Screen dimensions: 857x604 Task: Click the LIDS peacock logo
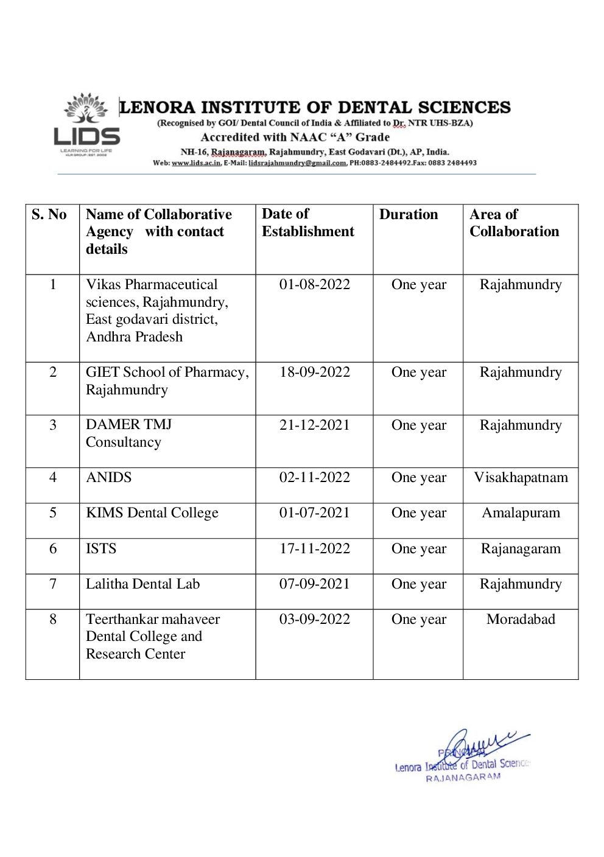pyautogui.click(x=86, y=125)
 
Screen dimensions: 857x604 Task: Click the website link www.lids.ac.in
pyautogui.click(x=196, y=163)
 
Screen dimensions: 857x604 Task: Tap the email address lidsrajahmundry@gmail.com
pyautogui.click(x=297, y=163)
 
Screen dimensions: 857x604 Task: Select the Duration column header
pyautogui.click(x=408, y=215)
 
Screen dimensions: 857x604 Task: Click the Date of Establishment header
pyautogui.click(x=307, y=223)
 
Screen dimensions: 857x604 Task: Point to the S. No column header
pyautogui.click(x=49, y=215)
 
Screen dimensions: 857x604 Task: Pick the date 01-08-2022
pyautogui.click(x=314, y=285)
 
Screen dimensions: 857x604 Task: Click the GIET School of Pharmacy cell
pyautogui.click(x=167, y=381)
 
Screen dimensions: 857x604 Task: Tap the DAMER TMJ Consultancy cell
pyautogui.click(x=128, y=433)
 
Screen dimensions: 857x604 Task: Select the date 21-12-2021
pyautogui.click(x=314, y=425)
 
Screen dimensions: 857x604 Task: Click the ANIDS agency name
pyautogui.click(x=108, y=478)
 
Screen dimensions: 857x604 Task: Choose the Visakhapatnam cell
pyautogui.click(x=521, y=478)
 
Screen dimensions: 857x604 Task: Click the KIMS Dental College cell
pyautogui.click(x=152, y=513)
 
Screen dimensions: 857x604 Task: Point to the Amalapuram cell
pyautogui.click(x=521, y=513)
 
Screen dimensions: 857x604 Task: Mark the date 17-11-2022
pyautogui.click(x=314, y=549)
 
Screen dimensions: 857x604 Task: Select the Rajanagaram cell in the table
pyautogui.click(x=521, y=549)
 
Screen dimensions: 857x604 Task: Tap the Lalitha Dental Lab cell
pyautogui.click(x=142, y=584)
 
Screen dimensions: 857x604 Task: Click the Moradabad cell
pyautogui.click(x=521, y=620)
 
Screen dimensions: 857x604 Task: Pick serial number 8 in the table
pyautogui.click(x=53, y=620)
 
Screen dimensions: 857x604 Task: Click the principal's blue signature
pyautogui.click(x=481, y=746)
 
